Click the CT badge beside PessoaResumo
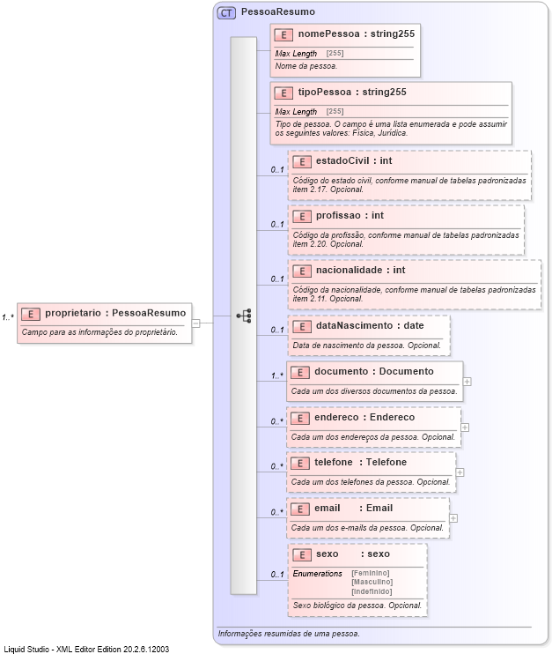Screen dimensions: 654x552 (x=226, y=12)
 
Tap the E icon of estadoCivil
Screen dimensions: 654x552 (x=300, y=161)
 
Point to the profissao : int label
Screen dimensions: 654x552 (x=350, y=215)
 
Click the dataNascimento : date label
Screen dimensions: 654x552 (x=369, y=325)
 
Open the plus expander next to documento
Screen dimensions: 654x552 (x=467, y=382)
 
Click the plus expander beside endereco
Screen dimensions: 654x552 (x=465, y=427)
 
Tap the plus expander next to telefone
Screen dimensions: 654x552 (x=460, y=472)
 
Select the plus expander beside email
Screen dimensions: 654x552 (x=453, y=518)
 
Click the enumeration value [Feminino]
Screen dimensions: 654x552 (x=370, y=573)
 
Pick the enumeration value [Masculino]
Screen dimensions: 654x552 (x=371, y=582)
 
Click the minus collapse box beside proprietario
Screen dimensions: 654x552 (x=196, y=323)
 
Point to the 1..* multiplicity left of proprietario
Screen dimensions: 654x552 (x=8, y=316)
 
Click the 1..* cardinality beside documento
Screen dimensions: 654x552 (x=276, y=375)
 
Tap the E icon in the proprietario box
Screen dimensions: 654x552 (x=31, y=313)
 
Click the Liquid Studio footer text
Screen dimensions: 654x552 (x=86, y=649)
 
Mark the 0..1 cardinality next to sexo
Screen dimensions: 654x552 (x=276, y=576)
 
